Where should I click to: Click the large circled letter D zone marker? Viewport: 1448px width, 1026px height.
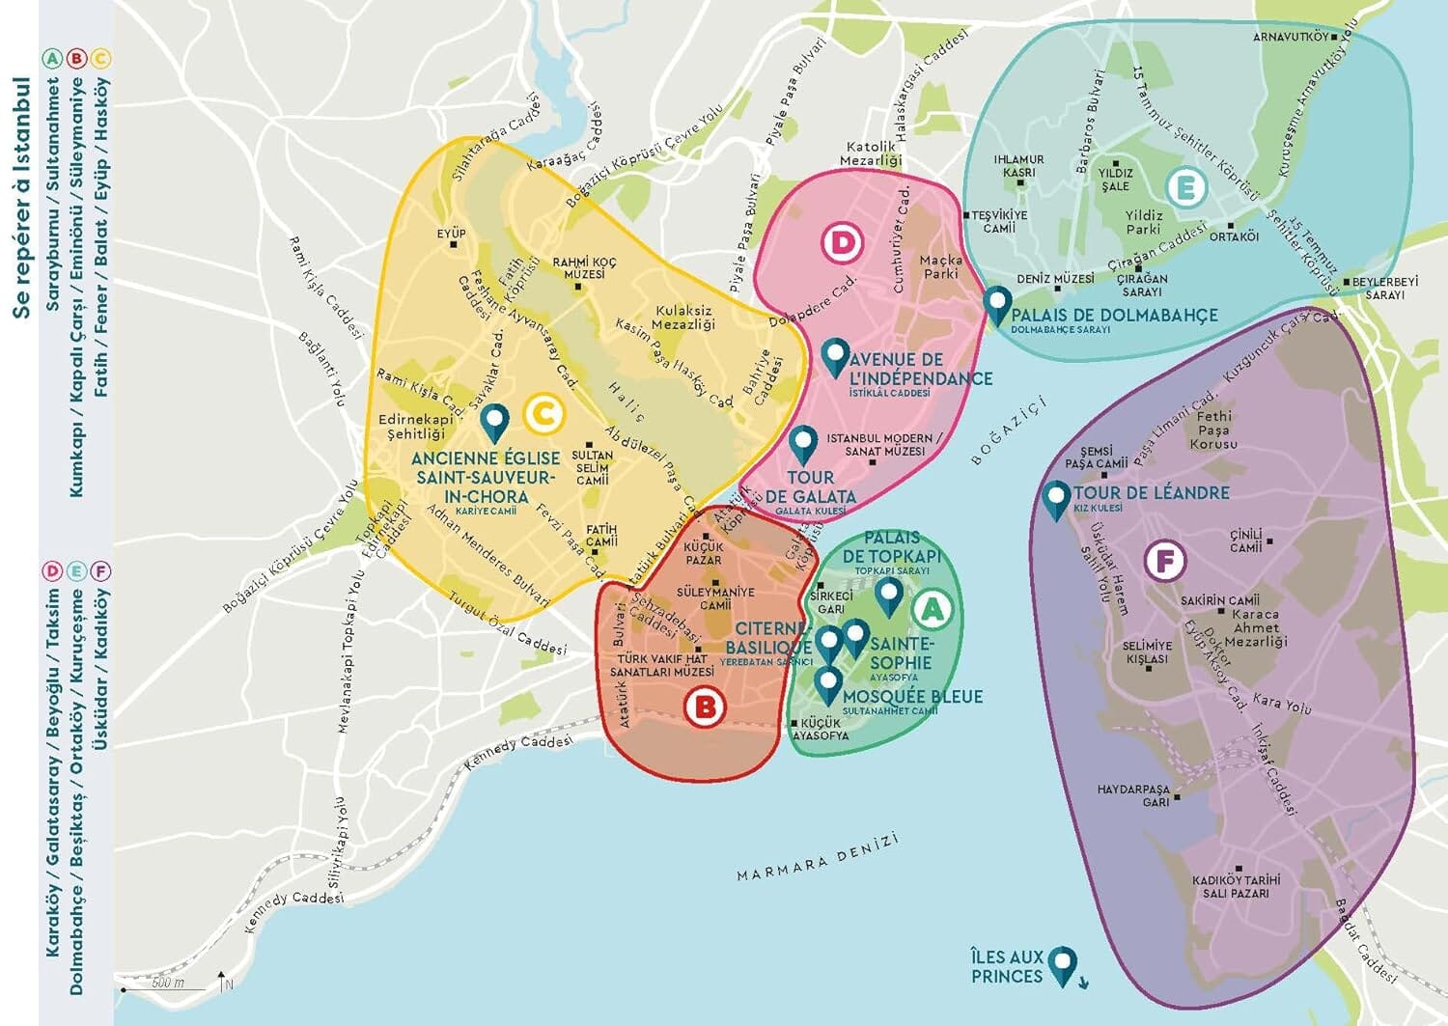(843, 242)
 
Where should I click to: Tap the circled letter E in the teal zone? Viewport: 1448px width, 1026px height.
(1185, 187)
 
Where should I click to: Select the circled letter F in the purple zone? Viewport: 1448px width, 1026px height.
(1164, 561)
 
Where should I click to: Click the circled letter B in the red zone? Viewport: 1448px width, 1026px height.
(704, 707)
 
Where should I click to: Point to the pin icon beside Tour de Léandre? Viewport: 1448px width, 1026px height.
(1057, 499)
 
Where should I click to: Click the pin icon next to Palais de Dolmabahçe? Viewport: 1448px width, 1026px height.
(997, 304)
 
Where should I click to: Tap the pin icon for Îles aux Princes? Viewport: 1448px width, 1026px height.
(1063, 963)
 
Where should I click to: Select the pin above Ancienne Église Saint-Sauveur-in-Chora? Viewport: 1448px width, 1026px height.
(495, 421)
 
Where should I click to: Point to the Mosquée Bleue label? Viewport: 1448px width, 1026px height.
(912, 697)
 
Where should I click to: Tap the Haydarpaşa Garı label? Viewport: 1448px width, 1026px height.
(1133, 795)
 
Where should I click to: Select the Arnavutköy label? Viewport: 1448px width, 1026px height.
(1291, 37)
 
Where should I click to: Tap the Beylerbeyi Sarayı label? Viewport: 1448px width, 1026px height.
(1384, 288)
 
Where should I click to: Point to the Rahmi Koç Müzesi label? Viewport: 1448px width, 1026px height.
(584, 268)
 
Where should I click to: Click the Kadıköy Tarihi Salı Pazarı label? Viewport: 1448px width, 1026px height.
(1236, 886)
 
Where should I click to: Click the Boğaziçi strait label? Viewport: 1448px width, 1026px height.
(1009, 430)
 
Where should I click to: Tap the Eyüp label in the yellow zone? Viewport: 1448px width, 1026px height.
(451, 233)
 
